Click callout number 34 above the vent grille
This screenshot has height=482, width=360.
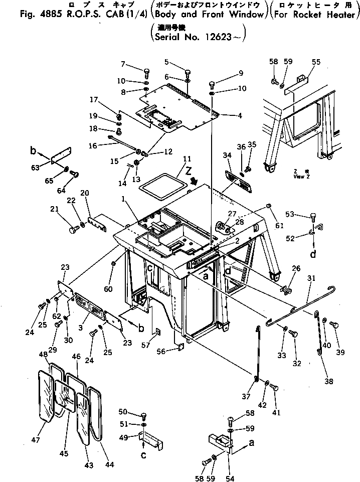pos(227,156)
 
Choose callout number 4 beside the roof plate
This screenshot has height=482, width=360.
pos(240,116)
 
